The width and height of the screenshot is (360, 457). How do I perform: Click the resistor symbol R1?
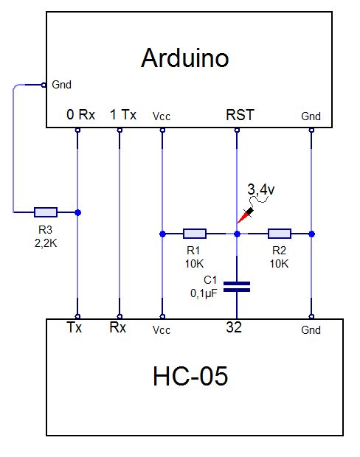tap(195, 234)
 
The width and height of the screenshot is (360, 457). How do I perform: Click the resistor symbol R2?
tap(279, 234)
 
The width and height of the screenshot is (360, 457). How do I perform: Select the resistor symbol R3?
tap(46, 212)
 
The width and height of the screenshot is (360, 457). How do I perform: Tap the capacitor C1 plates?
tap(237, 287)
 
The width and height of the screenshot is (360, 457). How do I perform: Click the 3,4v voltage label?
tap(261, 189)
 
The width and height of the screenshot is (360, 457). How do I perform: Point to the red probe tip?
tap(238, 223)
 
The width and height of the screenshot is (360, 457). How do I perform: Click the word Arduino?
tap(184, 58)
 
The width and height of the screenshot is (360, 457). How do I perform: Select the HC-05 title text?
tap(190, 376)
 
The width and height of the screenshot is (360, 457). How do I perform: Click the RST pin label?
tap(240, 114)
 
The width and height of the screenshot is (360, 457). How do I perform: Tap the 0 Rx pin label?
tap(81, 114)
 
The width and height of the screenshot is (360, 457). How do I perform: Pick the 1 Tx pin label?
tap(123, 114)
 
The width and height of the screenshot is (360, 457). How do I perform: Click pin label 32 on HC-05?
tap(234, 327)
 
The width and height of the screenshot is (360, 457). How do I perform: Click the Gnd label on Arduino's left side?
tap(61, 85)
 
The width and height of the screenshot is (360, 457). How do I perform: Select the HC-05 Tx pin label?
tap(74, 327)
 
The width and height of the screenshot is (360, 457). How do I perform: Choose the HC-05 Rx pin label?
tap(117, 327)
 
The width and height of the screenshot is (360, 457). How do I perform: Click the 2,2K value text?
tap(46, 243)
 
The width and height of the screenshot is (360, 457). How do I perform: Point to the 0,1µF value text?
tap(204, 293)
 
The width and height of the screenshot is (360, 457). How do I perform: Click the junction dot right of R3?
tap(77, 212)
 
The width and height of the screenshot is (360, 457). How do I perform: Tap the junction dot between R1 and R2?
tap(238, 234)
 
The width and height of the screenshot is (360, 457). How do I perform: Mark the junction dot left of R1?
tap(163, 234)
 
